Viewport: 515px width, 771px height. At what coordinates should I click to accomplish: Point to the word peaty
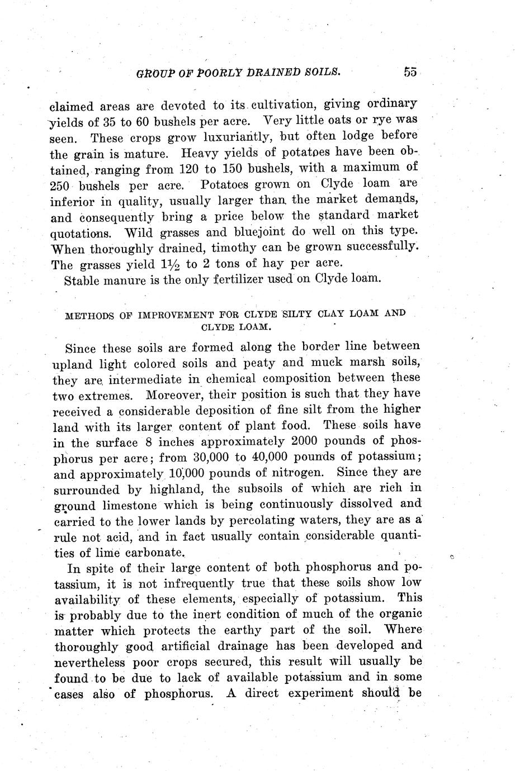(x=258, y=363)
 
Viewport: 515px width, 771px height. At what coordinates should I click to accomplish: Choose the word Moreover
(x=178, y=396)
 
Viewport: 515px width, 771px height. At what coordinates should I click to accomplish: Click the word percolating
(x=266, y=521)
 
